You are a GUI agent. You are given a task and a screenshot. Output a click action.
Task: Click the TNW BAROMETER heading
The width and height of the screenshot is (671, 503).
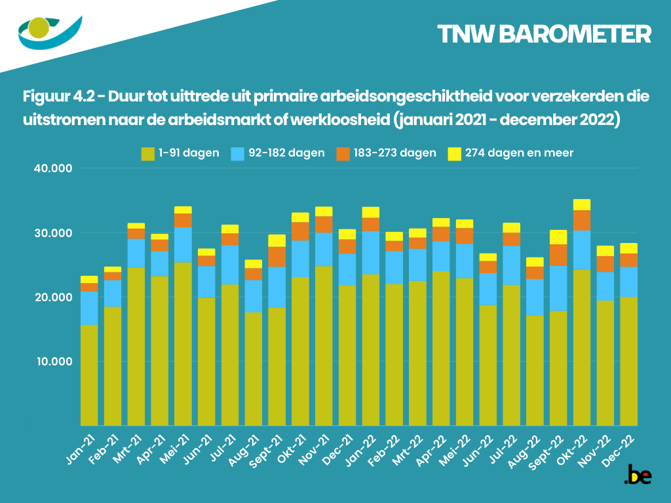click(544, 35)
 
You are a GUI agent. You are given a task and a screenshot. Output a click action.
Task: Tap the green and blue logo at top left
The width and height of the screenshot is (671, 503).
click(49, 31)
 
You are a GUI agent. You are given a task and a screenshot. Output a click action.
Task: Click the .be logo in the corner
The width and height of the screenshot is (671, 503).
click(638, 476)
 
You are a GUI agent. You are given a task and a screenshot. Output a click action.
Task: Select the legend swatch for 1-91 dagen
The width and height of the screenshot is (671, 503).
click(147, 154)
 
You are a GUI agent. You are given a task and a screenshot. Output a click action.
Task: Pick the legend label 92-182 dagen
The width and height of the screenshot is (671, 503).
click(287, 153)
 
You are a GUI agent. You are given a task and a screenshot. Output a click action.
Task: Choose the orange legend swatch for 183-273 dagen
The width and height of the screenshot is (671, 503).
click(343, 154)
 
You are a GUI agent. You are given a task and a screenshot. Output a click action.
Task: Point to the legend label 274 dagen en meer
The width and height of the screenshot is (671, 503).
click(520, 153)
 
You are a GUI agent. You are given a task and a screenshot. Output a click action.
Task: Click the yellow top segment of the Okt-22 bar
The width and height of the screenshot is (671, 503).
click(582, 204)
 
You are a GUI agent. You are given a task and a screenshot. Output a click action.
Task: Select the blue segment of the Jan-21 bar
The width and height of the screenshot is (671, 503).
click(89, 308)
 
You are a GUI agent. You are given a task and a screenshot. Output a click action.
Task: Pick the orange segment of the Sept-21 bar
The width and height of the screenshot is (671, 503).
click(277, 257)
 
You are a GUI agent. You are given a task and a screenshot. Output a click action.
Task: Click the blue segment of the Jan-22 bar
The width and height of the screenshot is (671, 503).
click(371, 253)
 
